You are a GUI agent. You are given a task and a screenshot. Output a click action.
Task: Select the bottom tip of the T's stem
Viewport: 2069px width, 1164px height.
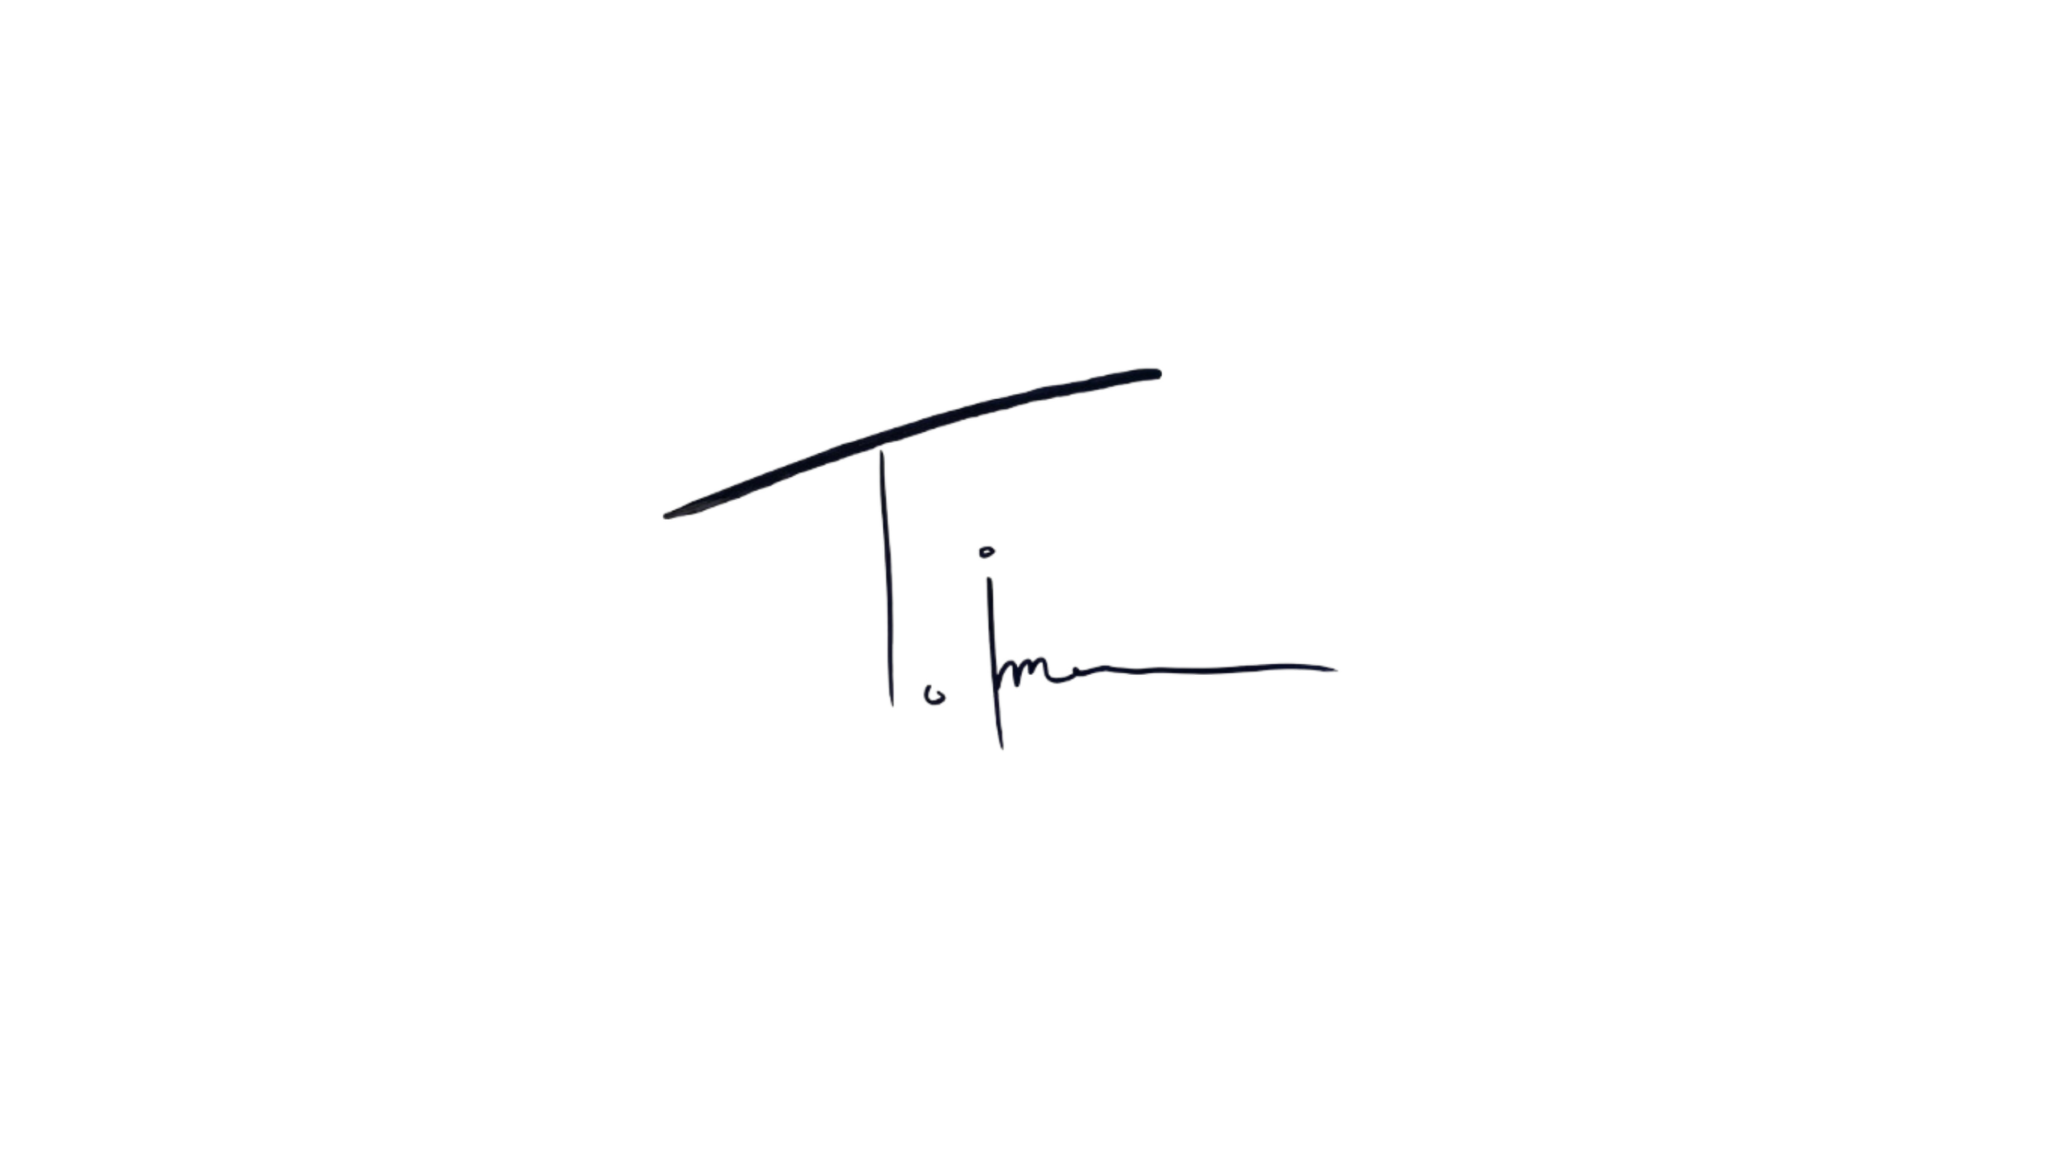(x=892, y=709)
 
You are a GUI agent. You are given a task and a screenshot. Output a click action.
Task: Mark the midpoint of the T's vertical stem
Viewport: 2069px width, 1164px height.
(x=886, y=580)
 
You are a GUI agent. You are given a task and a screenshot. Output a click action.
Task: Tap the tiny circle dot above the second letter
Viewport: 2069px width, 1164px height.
(x=985, y=550)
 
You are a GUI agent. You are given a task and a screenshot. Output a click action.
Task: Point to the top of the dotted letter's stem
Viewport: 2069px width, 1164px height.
(x=986, y=571)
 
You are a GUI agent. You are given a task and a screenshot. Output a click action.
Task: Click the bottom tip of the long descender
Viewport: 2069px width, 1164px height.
(x=1002, y=745)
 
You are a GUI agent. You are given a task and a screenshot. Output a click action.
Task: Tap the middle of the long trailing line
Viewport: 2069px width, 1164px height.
(x=1200, y=671)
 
